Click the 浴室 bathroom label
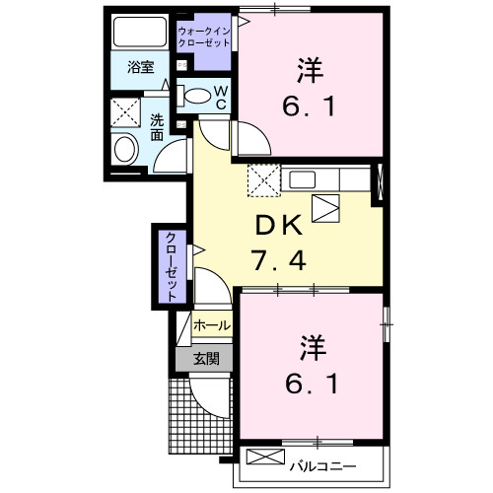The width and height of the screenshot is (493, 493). point(141,68)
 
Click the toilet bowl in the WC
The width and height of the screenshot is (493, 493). point(197,97)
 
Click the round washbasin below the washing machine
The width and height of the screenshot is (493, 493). point(125,149)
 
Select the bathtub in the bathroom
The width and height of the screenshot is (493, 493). point(140,33)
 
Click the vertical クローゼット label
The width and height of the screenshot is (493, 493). point(172,265)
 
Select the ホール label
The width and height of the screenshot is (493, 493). point(212,325)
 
